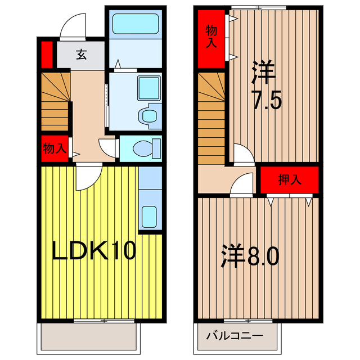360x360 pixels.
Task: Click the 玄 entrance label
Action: point(82,55)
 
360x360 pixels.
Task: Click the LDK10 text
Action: point(94,251)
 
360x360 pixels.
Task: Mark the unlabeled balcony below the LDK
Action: point(89,337)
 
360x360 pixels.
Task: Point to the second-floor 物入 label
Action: point(211,37)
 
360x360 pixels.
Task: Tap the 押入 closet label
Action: point(290,180)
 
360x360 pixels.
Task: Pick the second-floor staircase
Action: point(211,118)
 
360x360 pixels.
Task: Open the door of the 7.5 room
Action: point(243,155)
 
